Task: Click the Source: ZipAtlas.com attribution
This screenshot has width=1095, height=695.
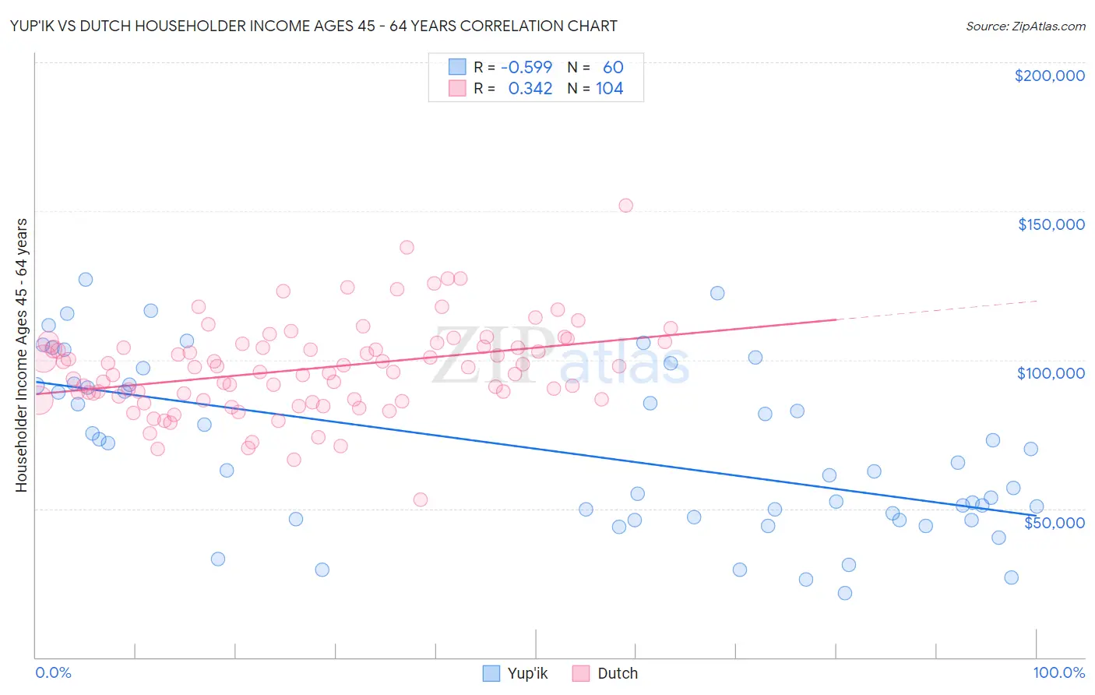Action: (x=1025, y=26)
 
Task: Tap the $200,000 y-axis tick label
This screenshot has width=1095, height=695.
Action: (x=1049, y=76)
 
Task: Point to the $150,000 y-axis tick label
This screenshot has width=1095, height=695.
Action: (x=1051, y=224)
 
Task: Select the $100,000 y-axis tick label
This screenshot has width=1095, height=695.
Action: (x=1051, y=373)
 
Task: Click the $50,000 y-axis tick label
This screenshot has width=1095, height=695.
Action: (x=1054, y=523)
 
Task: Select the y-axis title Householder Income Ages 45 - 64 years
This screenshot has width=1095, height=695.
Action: (x=21, y=355)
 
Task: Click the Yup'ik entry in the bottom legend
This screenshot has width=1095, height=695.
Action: (x=526, y=674)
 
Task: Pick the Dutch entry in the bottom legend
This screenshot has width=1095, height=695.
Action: (x=617, y=674)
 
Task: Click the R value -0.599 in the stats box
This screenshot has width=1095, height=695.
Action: (x=526, y=68)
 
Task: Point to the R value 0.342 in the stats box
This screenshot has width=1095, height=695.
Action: (x=530, y=89)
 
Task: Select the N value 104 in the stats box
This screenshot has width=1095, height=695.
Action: (x=609, y=89)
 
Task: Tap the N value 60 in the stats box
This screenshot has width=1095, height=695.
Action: (x=613, y=68)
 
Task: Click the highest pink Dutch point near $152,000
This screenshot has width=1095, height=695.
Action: (x=625, y=206)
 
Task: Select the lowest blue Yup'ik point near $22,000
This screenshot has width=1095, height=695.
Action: (x=844, y=593)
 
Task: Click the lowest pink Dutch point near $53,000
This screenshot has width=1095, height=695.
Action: (x=421, y=499)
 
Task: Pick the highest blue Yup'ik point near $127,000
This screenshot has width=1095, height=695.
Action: (x=86, y=279)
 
